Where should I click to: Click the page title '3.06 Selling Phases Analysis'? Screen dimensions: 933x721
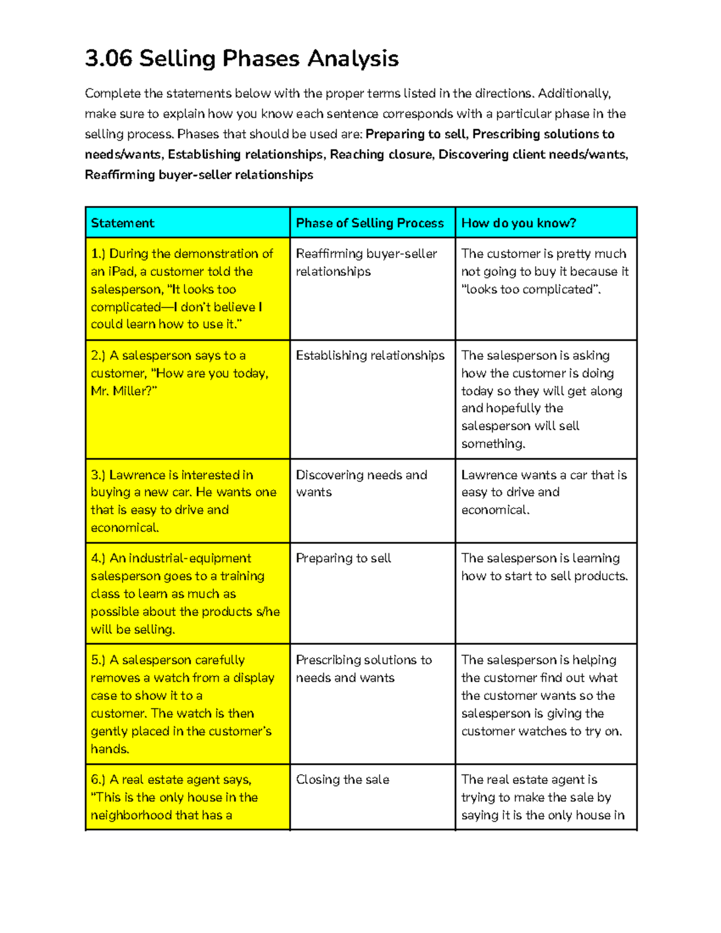pos(242,59)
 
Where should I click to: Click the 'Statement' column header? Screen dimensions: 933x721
pos(123,223)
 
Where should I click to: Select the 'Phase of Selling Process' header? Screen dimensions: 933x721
pos(370,223)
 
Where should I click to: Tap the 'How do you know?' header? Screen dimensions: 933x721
pos(519,223)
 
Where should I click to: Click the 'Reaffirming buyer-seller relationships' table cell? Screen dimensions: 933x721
pos(366,263)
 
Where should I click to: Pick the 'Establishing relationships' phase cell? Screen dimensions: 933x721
pos(370,356)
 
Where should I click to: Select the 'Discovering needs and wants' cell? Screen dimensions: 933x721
pos(361,483)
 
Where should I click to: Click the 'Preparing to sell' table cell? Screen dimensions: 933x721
pos(343,558)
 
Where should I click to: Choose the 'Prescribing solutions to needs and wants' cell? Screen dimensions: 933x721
pos(364,669)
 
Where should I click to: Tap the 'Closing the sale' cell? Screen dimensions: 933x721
pos(342,780)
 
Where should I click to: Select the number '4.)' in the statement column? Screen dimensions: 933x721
pos(98,558)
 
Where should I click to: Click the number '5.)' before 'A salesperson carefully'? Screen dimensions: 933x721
pos(98,660)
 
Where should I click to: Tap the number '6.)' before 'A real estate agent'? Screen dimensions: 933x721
pos(98,780)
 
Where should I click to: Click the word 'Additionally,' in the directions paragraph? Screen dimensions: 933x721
pos(574,93)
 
